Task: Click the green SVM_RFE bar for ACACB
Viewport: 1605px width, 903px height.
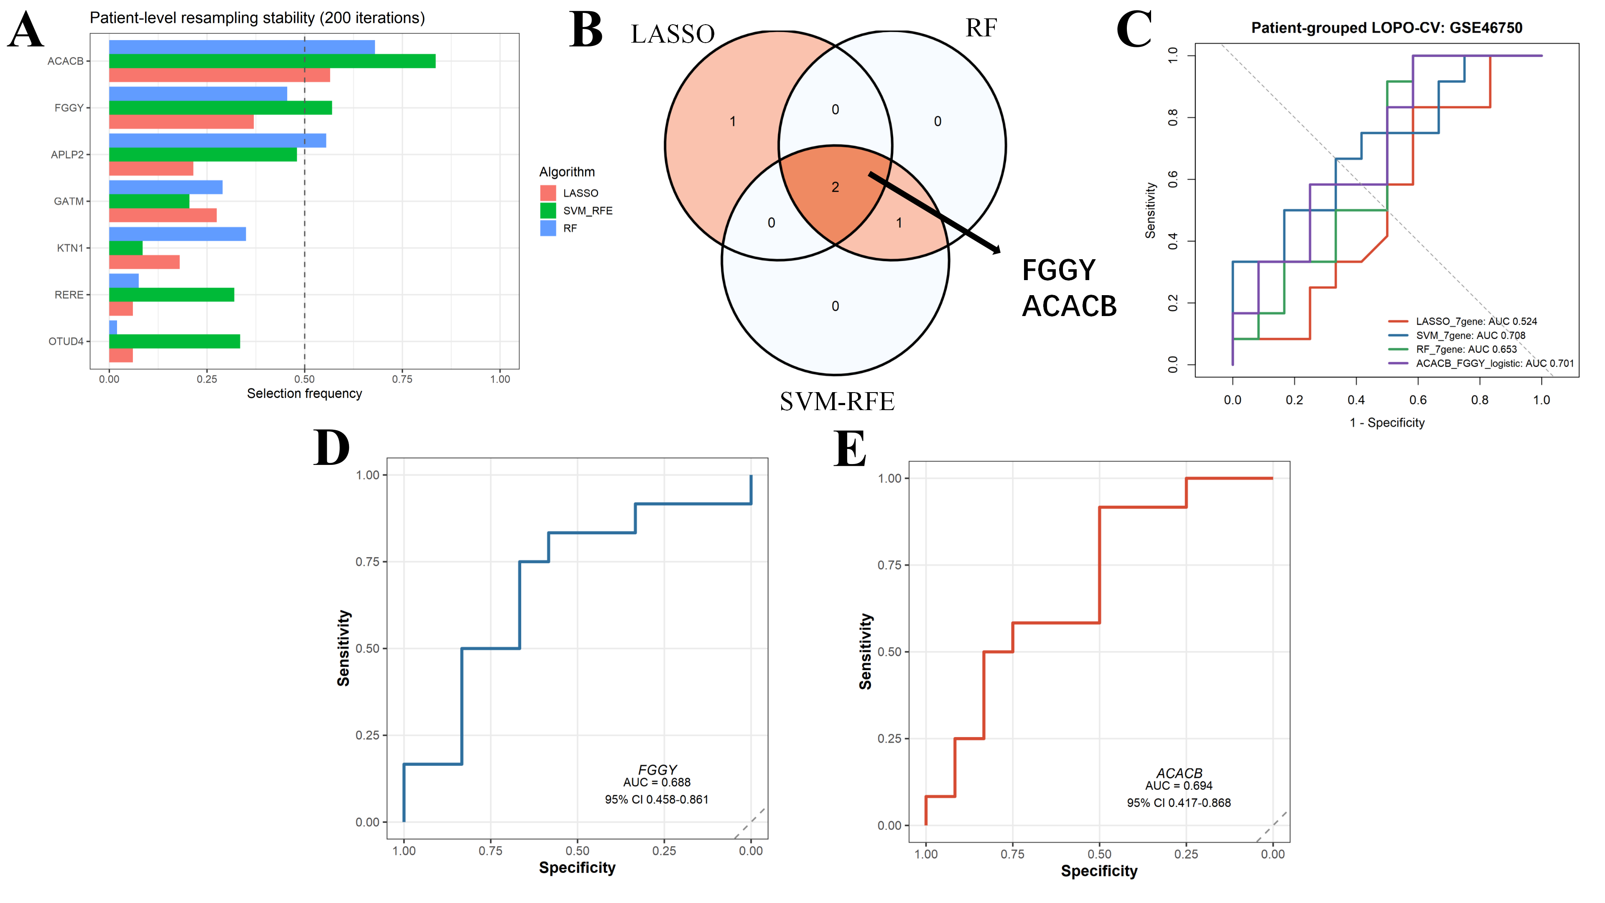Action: pyautogui.click(x=272, y=61)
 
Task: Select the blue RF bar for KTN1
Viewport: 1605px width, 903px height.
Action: pyautogui.click(x=178, y=234)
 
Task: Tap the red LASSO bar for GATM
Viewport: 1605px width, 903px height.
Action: pyautogui.click(x=163, y=215)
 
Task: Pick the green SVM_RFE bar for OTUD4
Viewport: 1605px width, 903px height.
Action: pyautogui.click(x=174, y=342)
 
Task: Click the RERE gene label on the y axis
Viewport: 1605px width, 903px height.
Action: pyautogui.click(x=69, y=295)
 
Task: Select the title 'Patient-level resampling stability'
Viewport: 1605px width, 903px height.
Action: pyautogui.click(x=202, y=18)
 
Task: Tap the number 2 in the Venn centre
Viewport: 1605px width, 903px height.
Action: pyautogui.click(x=836, y=187)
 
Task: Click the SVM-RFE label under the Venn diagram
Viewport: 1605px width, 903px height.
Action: pyautogui.click(x=837, y=401)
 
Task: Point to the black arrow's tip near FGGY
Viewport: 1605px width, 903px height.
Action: pyautogui.click(x=1001, y=253)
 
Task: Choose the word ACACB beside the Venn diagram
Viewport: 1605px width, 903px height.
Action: pyautogui.click(x=1069, y=306)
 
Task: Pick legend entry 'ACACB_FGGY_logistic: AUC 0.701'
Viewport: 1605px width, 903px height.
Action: pyautogui.click(x=1495, y=363)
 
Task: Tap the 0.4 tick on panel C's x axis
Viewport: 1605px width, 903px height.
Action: pyautogui.click(x=1356, y=400)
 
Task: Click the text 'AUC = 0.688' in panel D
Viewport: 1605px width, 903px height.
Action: pyautogui.click(x=657, y=782)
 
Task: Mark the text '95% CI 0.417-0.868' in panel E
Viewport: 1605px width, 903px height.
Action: pyautogui.click(x=1179, y=803)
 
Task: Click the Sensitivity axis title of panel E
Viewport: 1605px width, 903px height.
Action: pyautogui.click(x=866, y=651)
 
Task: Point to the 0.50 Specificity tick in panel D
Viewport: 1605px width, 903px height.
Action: pyautogui.click(x=578, y=851)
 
